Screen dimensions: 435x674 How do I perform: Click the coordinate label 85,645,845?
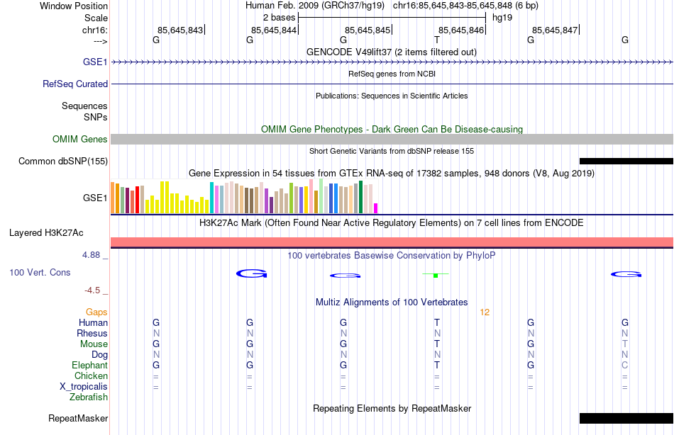[368, 30]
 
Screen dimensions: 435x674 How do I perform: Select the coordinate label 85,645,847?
[555, 30]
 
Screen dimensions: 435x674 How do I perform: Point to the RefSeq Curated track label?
[75, 84]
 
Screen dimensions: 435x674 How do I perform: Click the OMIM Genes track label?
[79, 139]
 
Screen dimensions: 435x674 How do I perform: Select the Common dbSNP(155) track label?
[63, 161]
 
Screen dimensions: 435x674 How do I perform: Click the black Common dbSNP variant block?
[626, 161]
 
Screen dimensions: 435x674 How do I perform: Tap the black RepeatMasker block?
[626, 418]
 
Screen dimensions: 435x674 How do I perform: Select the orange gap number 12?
[485, 312]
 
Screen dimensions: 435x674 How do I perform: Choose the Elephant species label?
[89, 365]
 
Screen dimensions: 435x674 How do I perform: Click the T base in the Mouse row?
[437, 344]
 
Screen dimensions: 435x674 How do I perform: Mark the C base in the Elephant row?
[625, 365]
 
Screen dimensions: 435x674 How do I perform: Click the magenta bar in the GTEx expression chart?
[376, 208]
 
